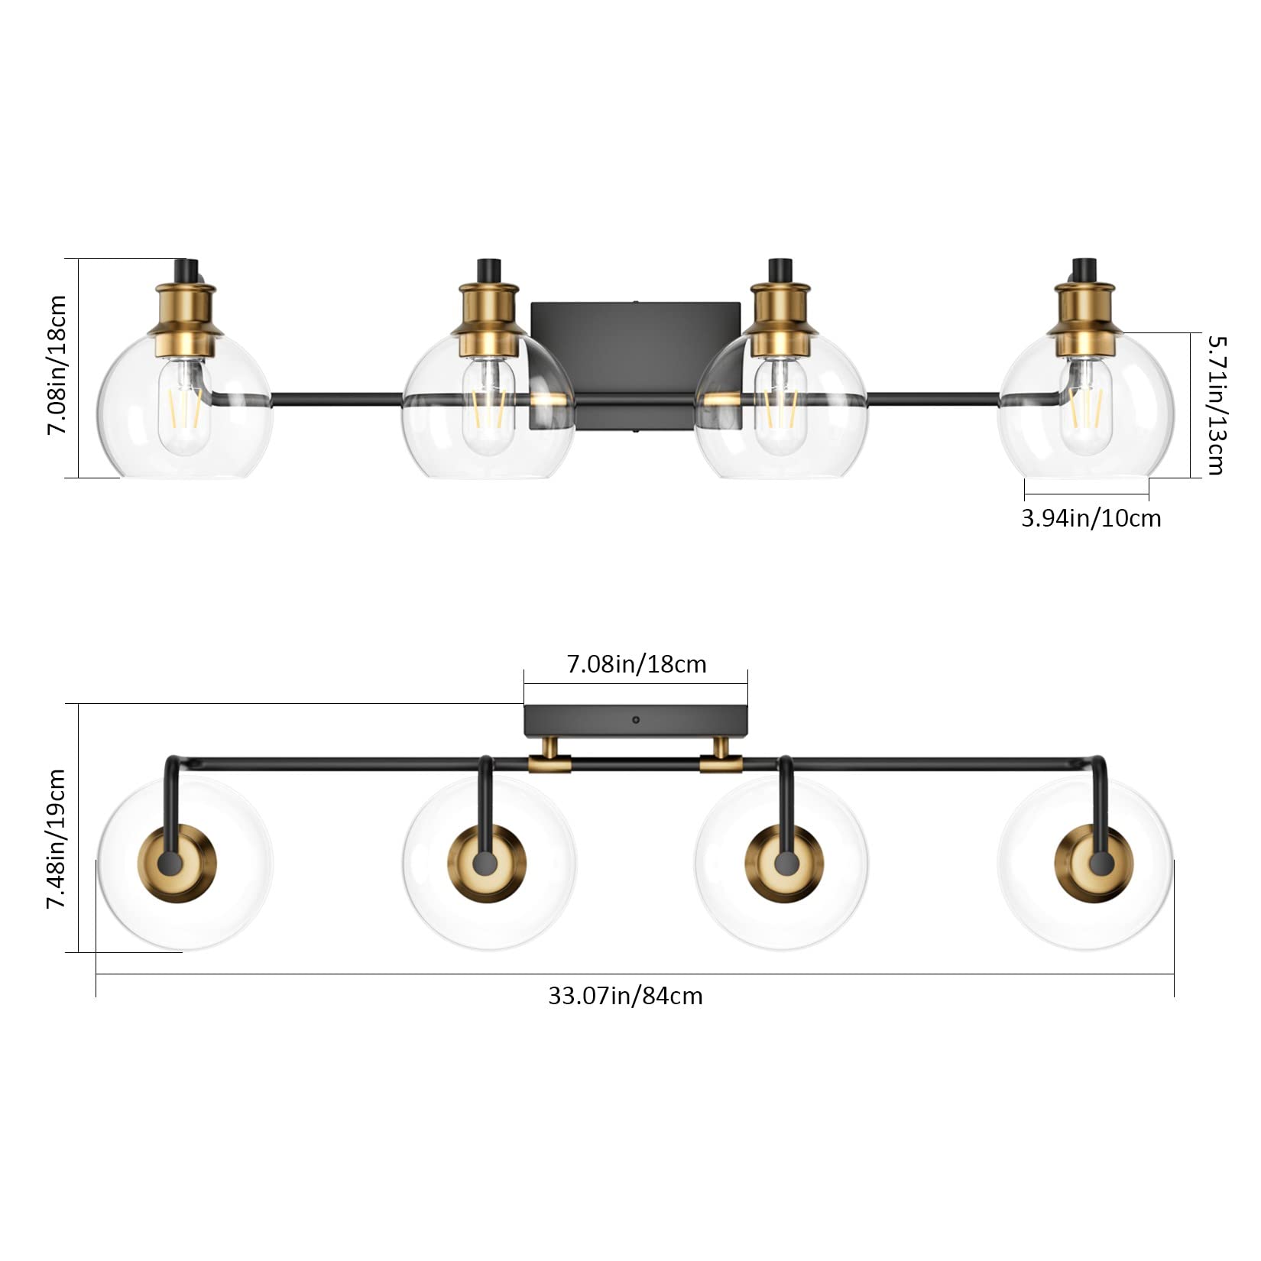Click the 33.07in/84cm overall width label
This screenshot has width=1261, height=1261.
(625, 996)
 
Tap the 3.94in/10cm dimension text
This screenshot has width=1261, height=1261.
(1091, 518)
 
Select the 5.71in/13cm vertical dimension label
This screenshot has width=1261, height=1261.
(1214, 404)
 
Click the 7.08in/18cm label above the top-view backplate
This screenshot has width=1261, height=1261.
(637, 664)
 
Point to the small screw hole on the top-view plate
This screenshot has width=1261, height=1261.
(636, 719)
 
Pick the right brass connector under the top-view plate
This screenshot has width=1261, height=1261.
(721, 761)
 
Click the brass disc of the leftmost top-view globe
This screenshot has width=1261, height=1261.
(177, 864)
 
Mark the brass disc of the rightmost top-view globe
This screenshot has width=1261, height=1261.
(1094, 864)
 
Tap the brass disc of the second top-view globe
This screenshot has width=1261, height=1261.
(487, 864)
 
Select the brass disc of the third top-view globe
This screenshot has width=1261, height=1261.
(783, 864)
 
